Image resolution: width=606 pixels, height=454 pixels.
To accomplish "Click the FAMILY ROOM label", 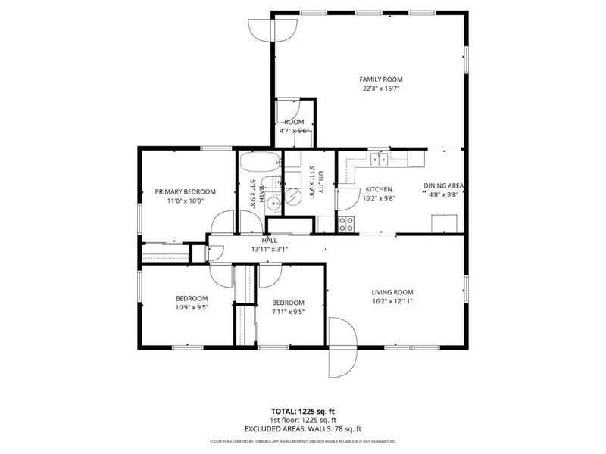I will pyautogui.click(x=380, y=79).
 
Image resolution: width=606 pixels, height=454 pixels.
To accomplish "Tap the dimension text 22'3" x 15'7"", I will pyautogui.click(x=380, y=88).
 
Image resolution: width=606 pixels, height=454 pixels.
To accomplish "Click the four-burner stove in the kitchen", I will pyautogui.click(x=347, y=223).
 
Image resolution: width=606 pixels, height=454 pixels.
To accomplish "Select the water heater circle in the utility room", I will pyautogui.click(x=293, y=194).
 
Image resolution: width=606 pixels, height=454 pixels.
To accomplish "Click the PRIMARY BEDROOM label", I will pyautogui.click(x=185, y=192).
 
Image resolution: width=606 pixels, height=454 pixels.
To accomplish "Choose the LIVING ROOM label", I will pyautogui.click(x=392, y=292).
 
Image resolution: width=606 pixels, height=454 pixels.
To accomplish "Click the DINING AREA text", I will pyautogui.click(x=443, y=185).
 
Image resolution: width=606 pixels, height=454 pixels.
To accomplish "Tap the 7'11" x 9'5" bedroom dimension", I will pyautogui.click(x=288, y=311).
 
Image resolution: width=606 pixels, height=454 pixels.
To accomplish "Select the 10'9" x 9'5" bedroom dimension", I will pyautogui.click(x=192, y=307).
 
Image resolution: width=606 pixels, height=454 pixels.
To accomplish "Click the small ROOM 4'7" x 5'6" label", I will pyautogui.click(x=294, y=126).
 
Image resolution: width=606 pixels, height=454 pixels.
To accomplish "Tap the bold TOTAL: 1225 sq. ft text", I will pyautogui.click(x=303, y=412).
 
